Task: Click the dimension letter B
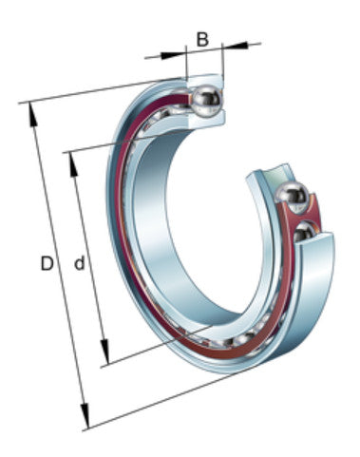click(201, 39)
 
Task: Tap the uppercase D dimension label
click(46, 263)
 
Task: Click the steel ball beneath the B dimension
click(206, 99)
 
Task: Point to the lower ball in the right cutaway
click(306, 232)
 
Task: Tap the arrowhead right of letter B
click(228, 45)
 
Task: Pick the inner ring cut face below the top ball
click(204, 119)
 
